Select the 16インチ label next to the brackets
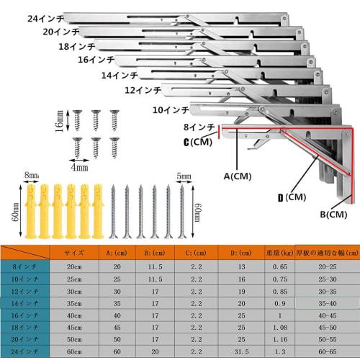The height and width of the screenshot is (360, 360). [96, 60]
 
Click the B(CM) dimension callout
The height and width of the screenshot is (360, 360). [333, 214]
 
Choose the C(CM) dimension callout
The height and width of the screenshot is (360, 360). [198, 142]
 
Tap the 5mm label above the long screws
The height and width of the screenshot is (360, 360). [184, 175]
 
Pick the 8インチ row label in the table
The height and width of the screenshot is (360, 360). [25, 266]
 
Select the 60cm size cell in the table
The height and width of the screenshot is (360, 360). [75, 351]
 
